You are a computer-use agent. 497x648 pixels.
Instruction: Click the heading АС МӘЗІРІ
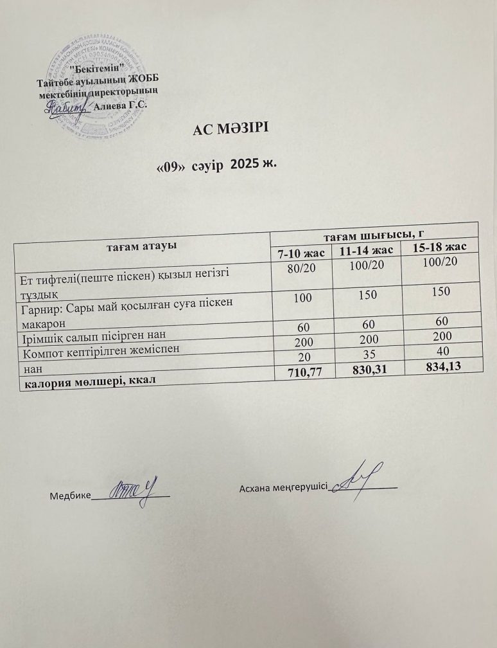click(229, 129)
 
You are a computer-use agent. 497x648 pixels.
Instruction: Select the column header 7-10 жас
click(301, 253)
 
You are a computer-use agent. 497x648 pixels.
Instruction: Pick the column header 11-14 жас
click(367, 250)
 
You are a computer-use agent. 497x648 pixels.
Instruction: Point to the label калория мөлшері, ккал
click(90, 381)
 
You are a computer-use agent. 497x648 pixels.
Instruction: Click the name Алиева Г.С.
click(121, 106)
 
